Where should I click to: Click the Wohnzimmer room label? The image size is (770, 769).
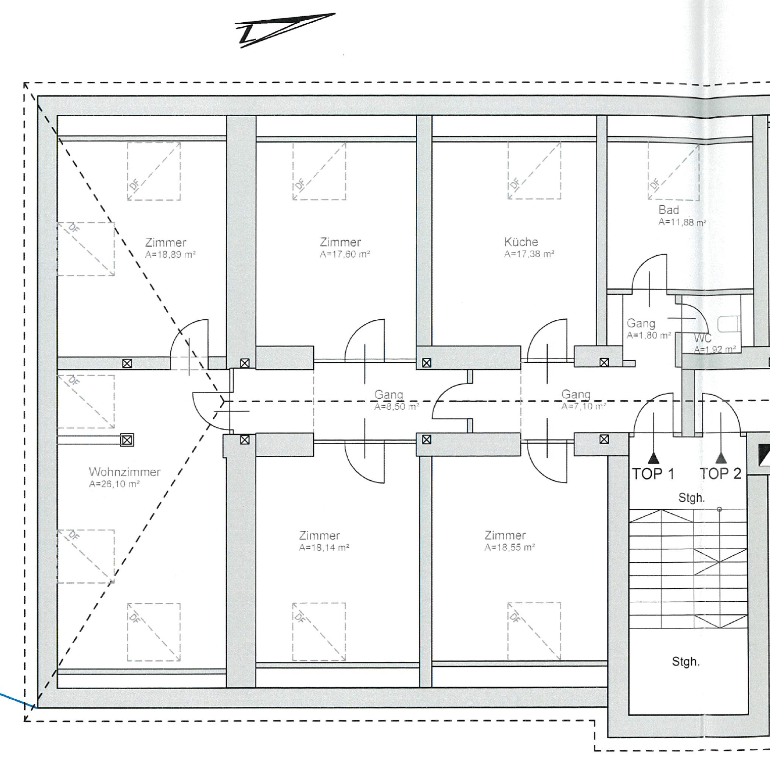tap(124, 472)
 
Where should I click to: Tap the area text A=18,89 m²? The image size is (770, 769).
tap(170, 255)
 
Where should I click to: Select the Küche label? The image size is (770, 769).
tap(521, 242)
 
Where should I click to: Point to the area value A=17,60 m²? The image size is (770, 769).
tap(345, 255)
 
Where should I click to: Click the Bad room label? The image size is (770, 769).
tap(668, 210)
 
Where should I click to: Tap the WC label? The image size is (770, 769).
tap(702, 338)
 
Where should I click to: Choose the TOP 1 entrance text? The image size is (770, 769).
tap(653, 474)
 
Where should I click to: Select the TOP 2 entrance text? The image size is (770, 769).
tap(720, 474)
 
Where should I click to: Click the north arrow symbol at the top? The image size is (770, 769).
tap(285, 30)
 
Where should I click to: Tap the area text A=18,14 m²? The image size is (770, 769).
tap(324, 548)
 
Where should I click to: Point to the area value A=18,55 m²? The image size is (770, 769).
tap(510, 548)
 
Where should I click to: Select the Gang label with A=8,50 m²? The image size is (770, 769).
tap(389, 394)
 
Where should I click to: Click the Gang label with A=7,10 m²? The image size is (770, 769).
tap(575, 394)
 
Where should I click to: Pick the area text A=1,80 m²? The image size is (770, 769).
tap(649, 335)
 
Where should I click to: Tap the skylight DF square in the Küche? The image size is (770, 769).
tap(534, 171)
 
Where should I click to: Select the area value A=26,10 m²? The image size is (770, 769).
tap(114, 484)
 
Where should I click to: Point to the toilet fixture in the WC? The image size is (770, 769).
tap(729, 324)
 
